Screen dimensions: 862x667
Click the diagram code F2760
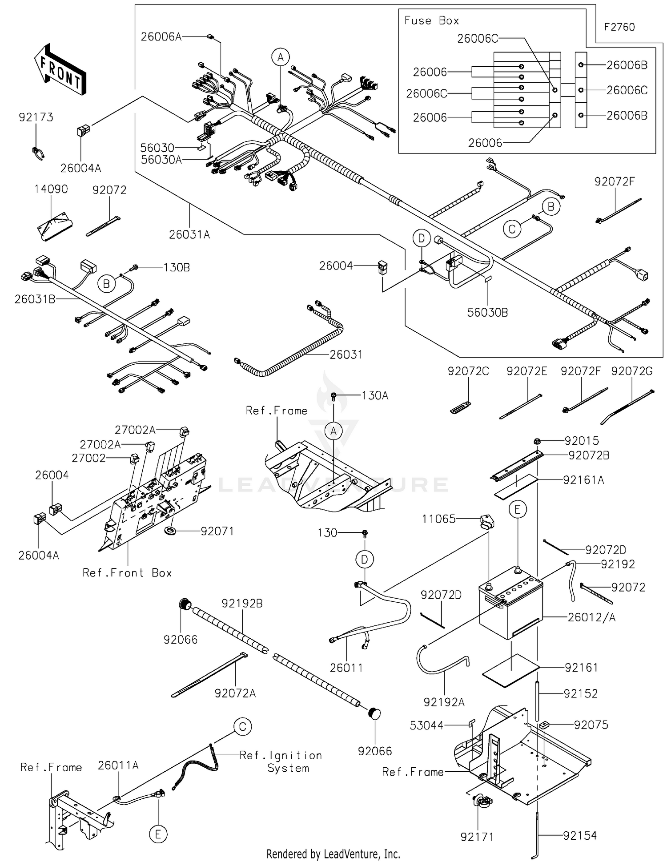[x=619, y=27]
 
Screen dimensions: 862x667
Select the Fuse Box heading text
[x=431, y=20]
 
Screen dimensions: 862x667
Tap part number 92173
[x=36, y=117]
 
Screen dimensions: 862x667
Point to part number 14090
[x=51, y=189]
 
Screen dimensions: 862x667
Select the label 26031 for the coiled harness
[x=346, y=355]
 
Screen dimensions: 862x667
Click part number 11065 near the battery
[x=438, y=519]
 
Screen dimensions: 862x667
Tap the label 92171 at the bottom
[x=477, y=837]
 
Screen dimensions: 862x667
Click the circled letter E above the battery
[x=518, y=509]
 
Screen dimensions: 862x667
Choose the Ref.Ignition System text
[x=281, y=761]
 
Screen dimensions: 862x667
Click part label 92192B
[x=242, y=604]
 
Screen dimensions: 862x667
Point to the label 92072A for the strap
[x=235, y=693]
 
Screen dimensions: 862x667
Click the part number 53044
[x=426, y=726]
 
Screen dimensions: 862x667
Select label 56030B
[x=487, y=313]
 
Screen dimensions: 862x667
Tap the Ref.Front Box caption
[x=127, y=573]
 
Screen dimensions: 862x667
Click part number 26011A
[x=118, y=765]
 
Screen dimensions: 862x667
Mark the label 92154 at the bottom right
[x=580, y=836]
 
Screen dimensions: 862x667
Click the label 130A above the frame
[x=375, y=396]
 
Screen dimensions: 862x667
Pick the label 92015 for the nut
[x=582, y=441]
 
